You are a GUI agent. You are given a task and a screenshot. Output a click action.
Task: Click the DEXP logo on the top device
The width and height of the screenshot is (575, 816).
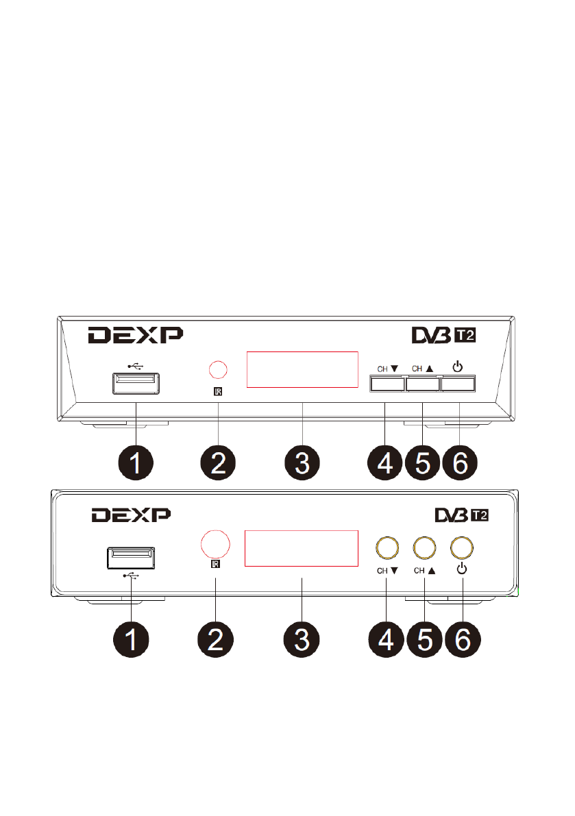pos(135,335)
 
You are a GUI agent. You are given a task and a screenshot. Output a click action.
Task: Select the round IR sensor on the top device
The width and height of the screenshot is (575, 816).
pos(218,370)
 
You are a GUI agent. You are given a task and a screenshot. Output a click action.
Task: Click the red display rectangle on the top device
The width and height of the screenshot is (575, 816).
pos(302,369)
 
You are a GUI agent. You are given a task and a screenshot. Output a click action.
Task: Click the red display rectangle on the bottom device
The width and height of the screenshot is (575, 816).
pos(302,548)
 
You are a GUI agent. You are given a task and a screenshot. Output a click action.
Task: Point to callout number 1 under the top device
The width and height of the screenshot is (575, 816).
pos(136,463)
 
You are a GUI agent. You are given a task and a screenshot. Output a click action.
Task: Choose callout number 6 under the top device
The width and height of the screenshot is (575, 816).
pos(460,463)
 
